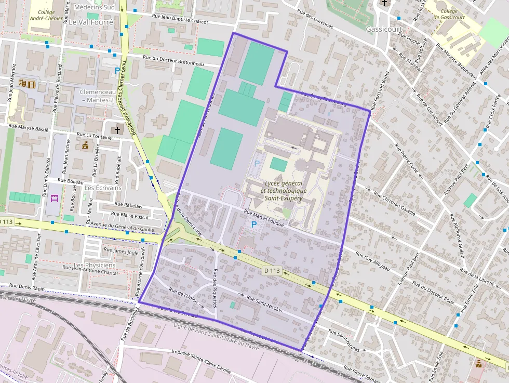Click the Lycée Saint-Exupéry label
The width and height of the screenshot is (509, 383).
285,191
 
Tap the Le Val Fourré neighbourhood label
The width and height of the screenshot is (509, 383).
90,23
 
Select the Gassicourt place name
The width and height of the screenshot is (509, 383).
383,29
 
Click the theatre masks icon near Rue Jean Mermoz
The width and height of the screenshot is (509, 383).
23,83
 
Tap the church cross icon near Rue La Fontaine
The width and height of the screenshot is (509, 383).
117,130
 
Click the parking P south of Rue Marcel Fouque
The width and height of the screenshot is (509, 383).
253,224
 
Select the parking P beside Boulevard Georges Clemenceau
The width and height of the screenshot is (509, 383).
117,71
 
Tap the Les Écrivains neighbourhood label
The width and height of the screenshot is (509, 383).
102,188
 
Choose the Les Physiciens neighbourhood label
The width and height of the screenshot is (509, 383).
95,265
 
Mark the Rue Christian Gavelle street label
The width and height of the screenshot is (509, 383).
395,204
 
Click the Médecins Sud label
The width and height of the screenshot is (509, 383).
95,7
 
